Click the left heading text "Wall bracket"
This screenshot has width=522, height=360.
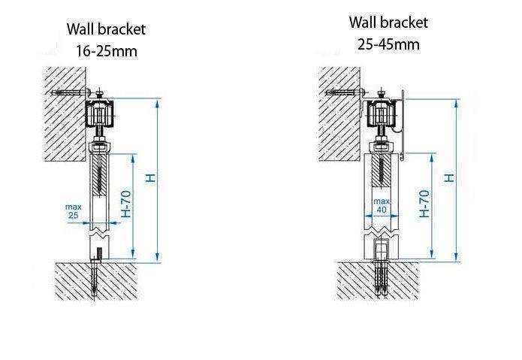tap(106, 30)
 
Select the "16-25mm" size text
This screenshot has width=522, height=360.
tap(106, 52)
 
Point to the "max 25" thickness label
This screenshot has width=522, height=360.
tap(73, 210)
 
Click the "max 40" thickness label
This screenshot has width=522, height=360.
tap(382, 205)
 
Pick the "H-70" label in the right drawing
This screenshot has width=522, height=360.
tap(425, 203)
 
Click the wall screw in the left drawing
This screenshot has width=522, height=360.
tap(70, 92)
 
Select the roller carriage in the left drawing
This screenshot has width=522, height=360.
tap(101, 115)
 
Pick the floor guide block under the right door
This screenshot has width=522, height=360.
tap(382, 249)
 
